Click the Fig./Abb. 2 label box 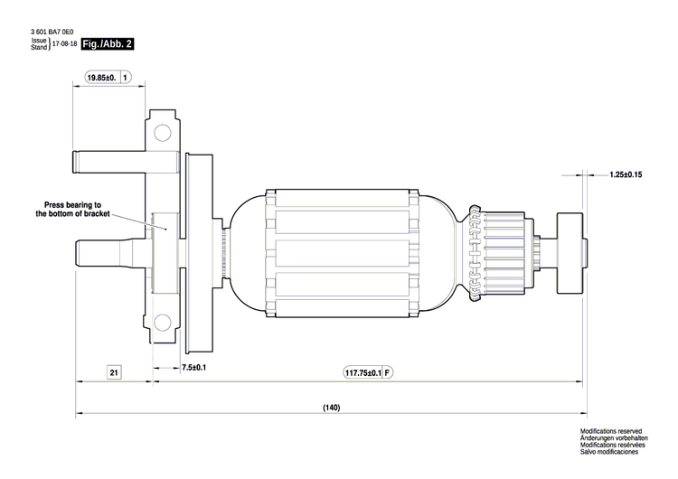tap(107, 44)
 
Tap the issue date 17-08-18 tap(63, 44)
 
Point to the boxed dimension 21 tap(113, 371)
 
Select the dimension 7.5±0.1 tap(193, 368)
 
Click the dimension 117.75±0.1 tap(363, 372)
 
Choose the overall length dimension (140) tap(331, 408)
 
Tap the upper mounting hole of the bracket tap(163, 134)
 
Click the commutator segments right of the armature tap(503, 250)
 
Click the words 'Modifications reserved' tap(610, 433)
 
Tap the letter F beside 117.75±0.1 tap(388, 372)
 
